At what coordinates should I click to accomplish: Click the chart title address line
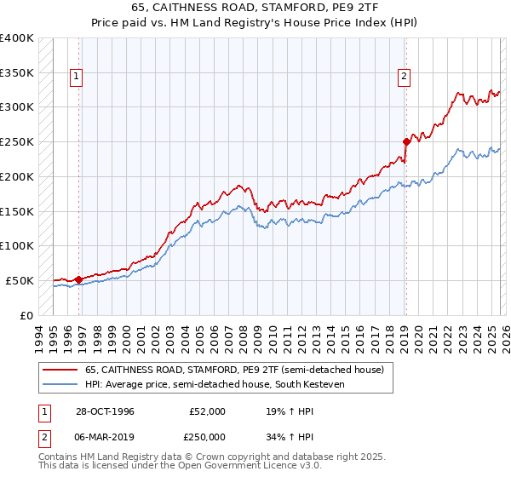click(255, 8)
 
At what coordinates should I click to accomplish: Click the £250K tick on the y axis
click(17, 141)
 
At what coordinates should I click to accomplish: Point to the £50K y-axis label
click(20, 280)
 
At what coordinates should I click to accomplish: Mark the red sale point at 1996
click(79, 279)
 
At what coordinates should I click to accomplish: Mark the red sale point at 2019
click(405, 141)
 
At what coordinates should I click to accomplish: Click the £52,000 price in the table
click(207, 411)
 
